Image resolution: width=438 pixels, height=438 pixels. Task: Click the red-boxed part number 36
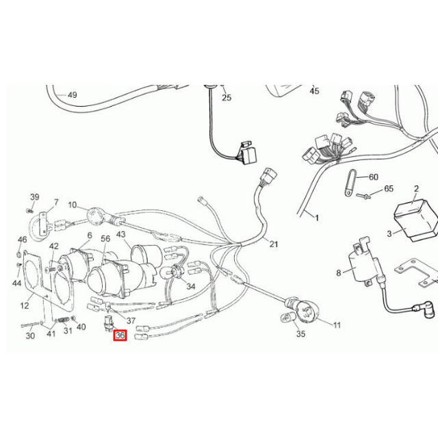(120, 335)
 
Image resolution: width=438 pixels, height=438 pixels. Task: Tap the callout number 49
(73, 95)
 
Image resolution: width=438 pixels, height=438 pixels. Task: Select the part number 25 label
(227, 97)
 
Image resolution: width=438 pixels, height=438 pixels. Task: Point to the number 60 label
(374, 177)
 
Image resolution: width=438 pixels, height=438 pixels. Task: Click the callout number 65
(389, 189)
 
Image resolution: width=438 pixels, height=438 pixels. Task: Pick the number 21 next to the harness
(274, 244)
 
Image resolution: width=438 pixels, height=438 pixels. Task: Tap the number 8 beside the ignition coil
(339, 272)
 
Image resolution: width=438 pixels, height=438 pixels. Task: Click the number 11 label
(337, 325)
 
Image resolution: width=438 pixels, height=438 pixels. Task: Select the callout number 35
(300, 334)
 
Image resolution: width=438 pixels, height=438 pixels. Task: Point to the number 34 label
(191, 286)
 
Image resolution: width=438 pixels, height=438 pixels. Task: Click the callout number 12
(25, 305)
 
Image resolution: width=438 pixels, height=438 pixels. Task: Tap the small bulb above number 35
(287, 318)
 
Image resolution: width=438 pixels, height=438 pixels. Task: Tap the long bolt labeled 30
(30, 325)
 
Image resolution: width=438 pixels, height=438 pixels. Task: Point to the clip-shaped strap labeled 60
(350, 183)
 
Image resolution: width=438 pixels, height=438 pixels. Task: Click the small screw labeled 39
(29, 210)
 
